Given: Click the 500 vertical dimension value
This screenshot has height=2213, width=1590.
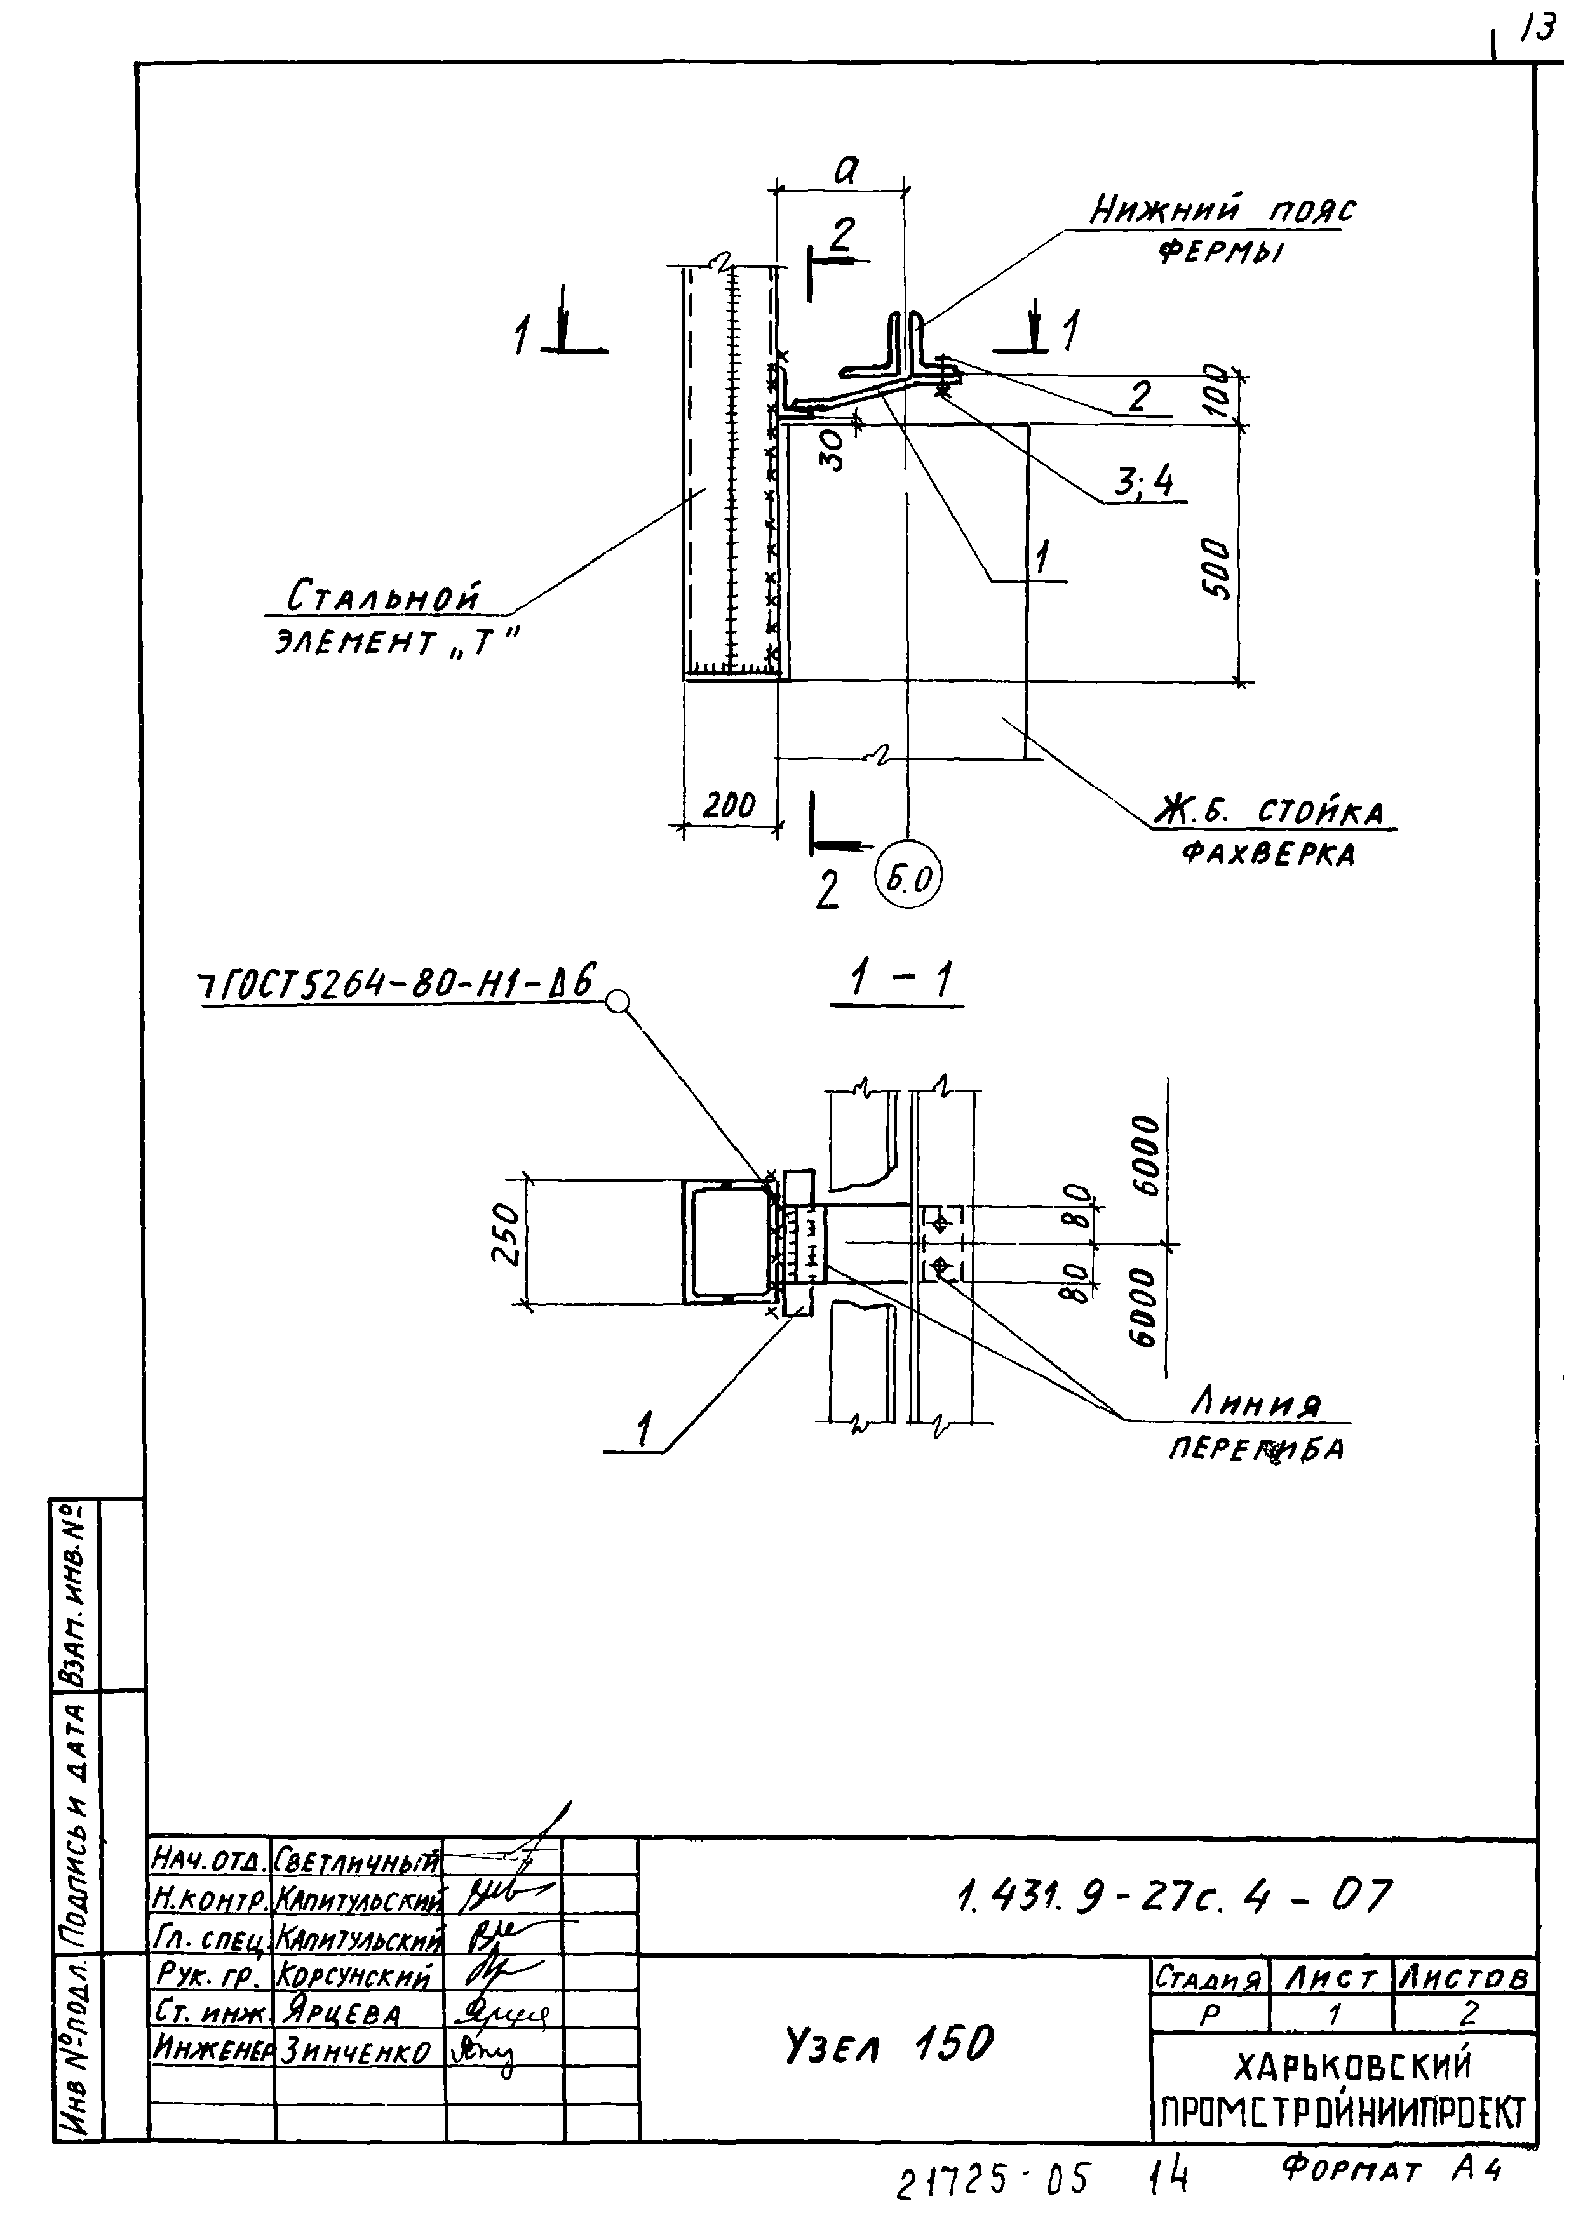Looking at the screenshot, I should coord(1218,569).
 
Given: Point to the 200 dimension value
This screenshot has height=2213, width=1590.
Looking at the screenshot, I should coord(729,805).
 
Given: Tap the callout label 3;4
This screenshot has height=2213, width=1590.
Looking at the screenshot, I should coord(1145,482).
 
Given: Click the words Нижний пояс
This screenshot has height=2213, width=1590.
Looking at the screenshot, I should coord(1222,210).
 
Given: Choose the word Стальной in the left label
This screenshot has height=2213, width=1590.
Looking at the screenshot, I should coord(384,596).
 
